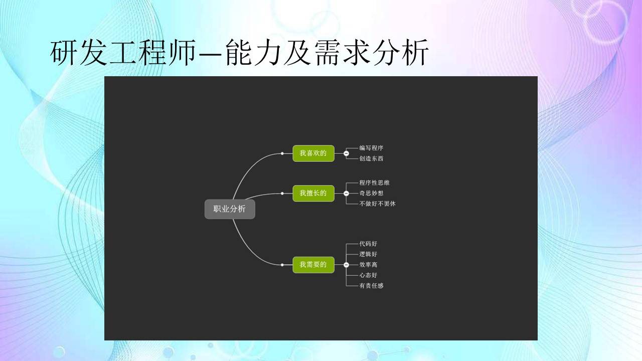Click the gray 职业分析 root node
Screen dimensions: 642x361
tap(230, 209)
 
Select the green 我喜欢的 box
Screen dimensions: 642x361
tap(313, 153)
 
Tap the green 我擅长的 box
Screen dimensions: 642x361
tap(313, 194)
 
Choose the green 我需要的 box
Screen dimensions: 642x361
tap(313, 265)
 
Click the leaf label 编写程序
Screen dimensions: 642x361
tap(371, 148)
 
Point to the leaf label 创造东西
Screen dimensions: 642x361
tap(371, 158)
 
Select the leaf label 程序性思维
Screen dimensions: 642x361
tap(374, 183)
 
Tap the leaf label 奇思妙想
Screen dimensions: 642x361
tap(371, 193)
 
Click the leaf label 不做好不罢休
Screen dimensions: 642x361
tap(378, 204)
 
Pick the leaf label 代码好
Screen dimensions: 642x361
tap(368, 244)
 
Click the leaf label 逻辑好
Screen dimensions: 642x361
tap(368, 254)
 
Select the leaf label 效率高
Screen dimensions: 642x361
tap(368, 265)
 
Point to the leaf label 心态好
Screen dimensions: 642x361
tap(368, 275)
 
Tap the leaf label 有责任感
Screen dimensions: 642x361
tap(371, 286)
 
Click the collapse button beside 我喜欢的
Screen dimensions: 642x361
tap(346, 153)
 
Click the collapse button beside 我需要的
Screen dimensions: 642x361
tap(346, 265)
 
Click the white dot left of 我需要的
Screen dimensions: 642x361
tap(282, 265)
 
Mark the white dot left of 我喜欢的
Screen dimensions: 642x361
tap(282, 153)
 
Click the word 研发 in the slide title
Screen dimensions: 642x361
tap(79, 53)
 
